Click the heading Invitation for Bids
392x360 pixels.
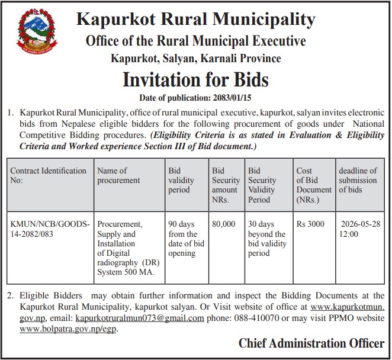point(195,79)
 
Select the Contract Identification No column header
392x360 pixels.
point(48,175)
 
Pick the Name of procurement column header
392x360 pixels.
point(119,175)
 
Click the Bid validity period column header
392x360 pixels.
point(179,180)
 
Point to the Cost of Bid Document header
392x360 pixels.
point(313,185)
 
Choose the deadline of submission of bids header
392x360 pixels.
point(358,180)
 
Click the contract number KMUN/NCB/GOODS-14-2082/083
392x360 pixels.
point(50,229)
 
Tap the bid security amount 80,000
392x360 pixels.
point(223,224)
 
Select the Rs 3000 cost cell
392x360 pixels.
point(310,224)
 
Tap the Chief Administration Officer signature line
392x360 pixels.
point(310,343)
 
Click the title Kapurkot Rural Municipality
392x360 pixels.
point(195,20)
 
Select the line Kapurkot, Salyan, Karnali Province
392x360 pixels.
point(195,58)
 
